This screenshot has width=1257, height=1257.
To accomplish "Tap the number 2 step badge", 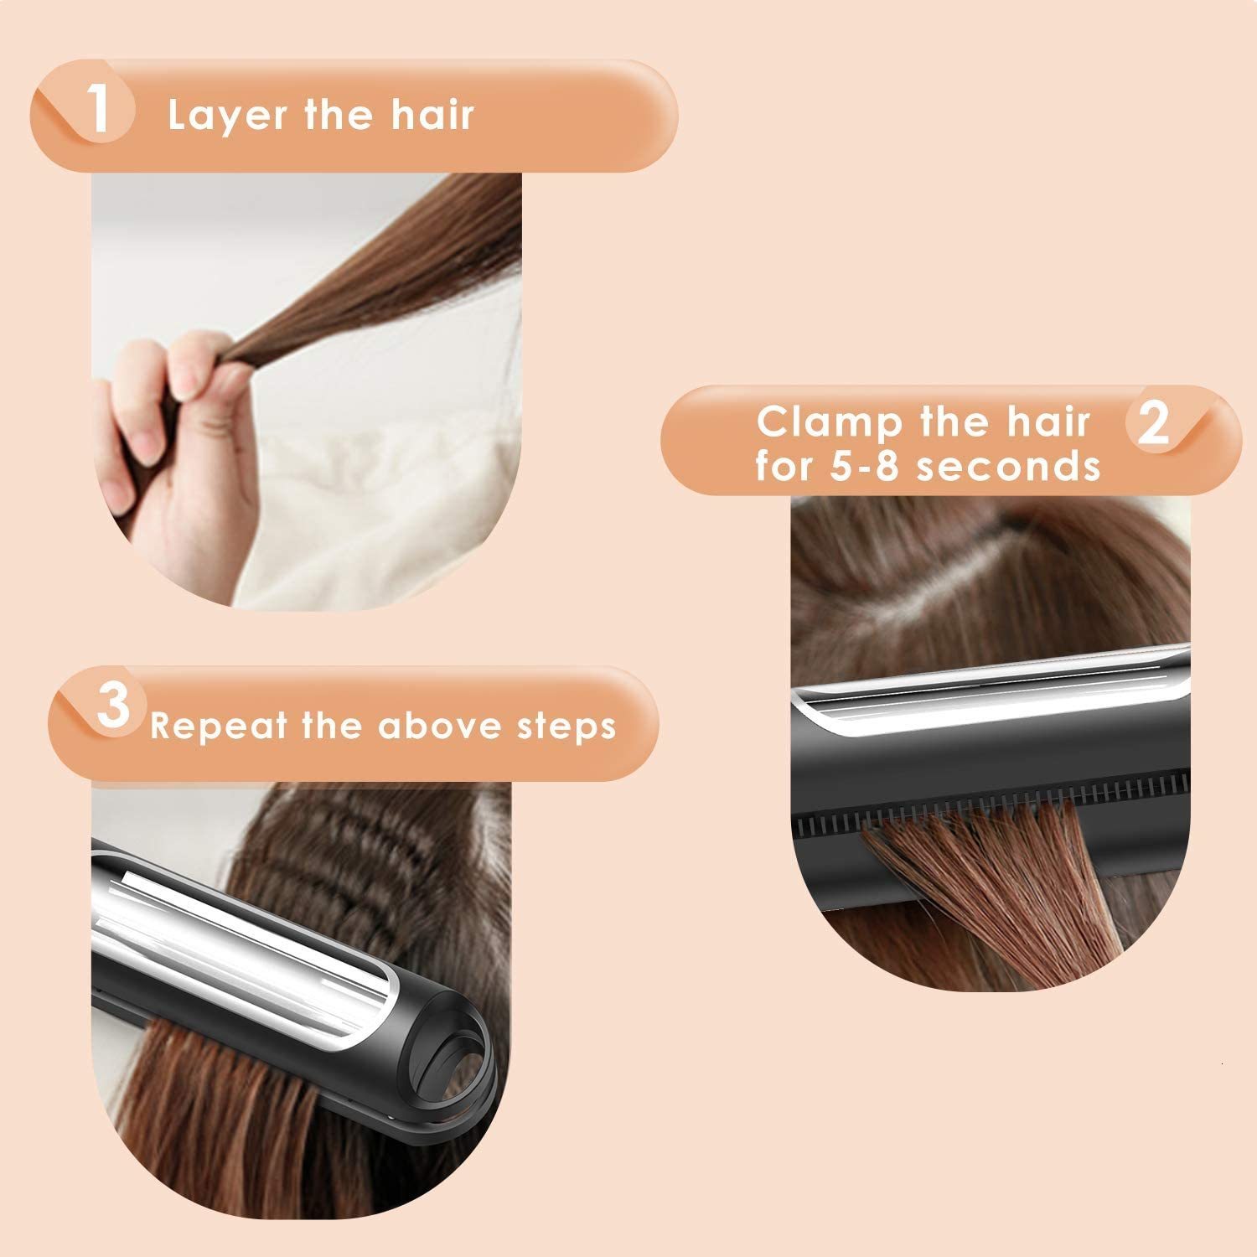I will [x=1154, y=425].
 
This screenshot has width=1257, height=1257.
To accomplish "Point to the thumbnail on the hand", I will [x=145, y=436].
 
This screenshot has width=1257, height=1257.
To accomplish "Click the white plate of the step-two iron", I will [x=989, y=704].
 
